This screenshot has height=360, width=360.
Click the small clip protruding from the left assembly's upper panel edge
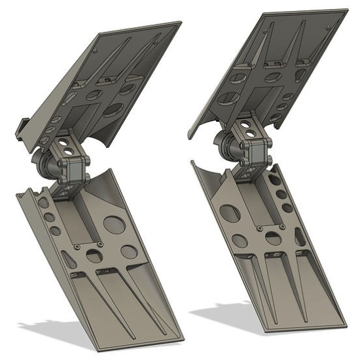pos(22,126)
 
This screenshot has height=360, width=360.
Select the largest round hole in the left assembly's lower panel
pos(115,225)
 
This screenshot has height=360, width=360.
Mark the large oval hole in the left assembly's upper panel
pos(113,109)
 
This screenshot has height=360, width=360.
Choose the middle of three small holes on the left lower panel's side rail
pos(50,217)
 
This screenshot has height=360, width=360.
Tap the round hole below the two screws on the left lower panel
pos(95,257)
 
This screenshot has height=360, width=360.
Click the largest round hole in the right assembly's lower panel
pos(230,213)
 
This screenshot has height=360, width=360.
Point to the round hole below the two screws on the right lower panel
pos(273,239)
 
